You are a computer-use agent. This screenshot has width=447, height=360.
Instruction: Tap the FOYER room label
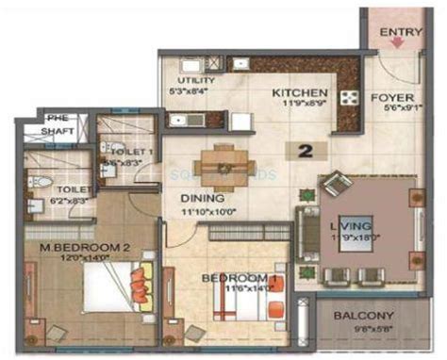point(391,95)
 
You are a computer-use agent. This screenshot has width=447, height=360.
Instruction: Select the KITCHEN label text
point(300,94)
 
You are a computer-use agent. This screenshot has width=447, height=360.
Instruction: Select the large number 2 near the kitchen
point(306,150)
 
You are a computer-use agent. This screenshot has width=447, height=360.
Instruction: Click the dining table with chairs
point(223,165)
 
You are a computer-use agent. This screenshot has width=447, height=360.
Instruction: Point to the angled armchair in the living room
point(337,185)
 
